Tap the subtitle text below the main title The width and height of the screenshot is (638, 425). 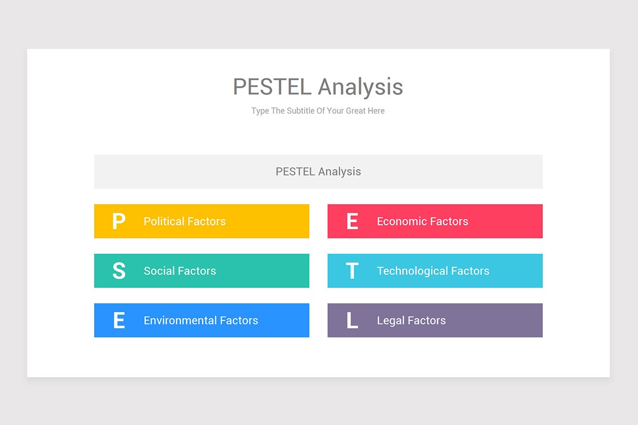tap(318, 111)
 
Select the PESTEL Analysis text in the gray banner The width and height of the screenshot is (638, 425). tap(318, 172)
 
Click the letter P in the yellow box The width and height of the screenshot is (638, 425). tap(119, 222)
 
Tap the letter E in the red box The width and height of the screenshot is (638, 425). tap(352, 222)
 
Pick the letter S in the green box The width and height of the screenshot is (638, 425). tap(119, 271)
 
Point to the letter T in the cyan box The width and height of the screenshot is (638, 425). tap(352, 271)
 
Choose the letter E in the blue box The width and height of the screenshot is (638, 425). tap(119, 321)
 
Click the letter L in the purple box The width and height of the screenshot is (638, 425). tap(352, 321)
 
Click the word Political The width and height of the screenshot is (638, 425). tap(164, 222)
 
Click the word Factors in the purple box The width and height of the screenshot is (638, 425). tap(426, 321)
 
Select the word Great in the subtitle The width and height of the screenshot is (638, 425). tap(356, 111)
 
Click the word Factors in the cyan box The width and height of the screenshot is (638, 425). tap(470, 271)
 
